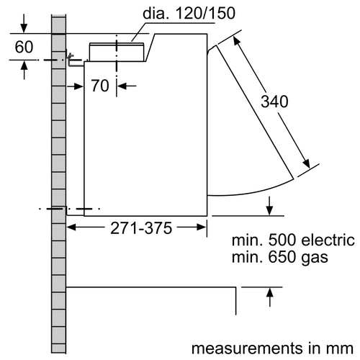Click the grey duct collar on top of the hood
coord(115,51)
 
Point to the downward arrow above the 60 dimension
coord(24,27)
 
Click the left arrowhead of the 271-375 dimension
coord(72,228)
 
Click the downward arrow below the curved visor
coord(270,208)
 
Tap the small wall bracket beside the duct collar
coord(72,60)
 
